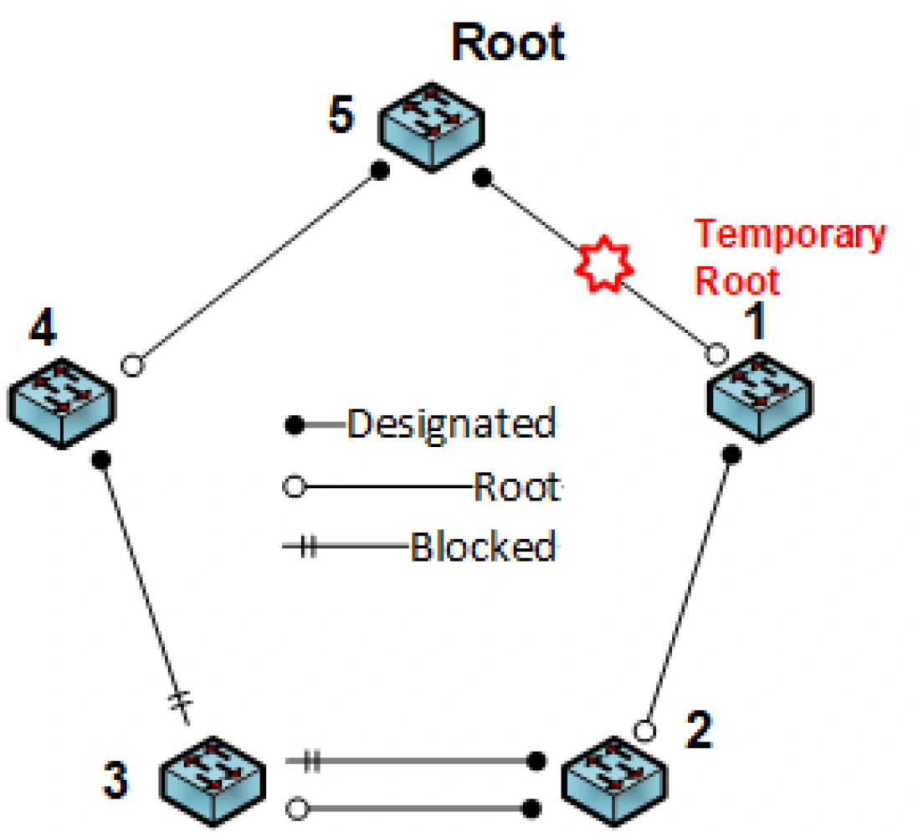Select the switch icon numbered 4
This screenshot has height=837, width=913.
click(x=62, y=401)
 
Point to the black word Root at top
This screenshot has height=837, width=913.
click(x=509, y=42)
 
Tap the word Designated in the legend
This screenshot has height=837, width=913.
click(x=451, y=424)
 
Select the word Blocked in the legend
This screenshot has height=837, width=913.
click(x=482, y=548)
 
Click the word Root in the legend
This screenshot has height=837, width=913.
click(x=515, y=487)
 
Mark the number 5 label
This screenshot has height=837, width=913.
click(x=341, y=116)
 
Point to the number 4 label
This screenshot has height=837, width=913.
click(x=42, y=329)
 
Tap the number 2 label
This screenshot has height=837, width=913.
click(x=695, y=730)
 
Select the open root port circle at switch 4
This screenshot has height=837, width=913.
click(x=131, y=366)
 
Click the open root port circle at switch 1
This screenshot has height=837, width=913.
click(x=715, y=354)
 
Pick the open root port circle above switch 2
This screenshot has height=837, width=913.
click(x=644, y=731)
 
